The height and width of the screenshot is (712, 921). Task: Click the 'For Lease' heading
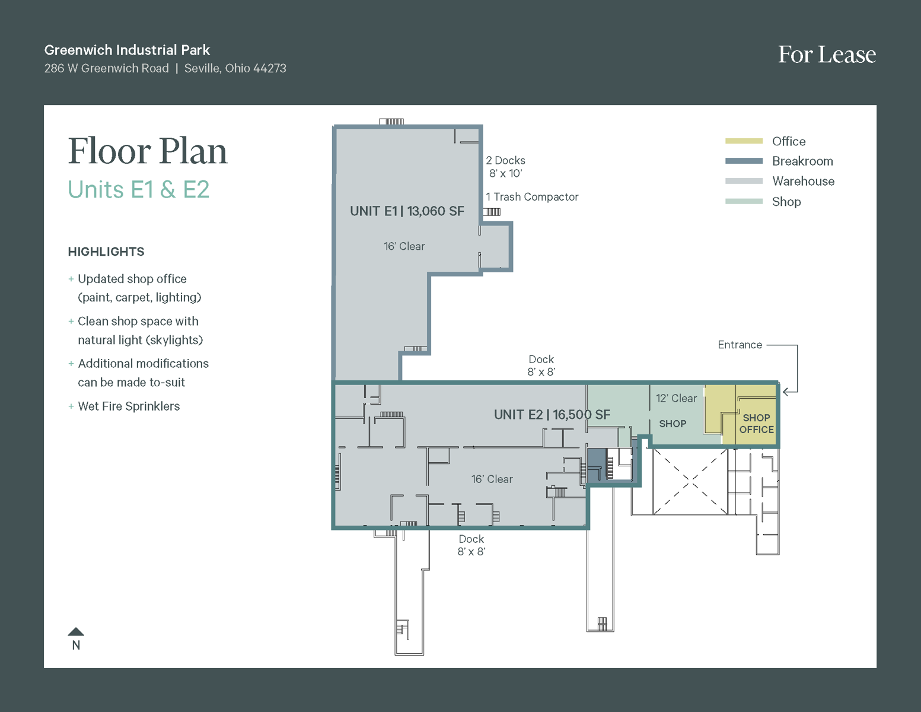pos(827,55)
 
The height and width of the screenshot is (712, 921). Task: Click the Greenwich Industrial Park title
pos(127,50)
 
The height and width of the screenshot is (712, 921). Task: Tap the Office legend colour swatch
pos(744,141)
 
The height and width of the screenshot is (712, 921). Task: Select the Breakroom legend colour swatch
pos(744,161)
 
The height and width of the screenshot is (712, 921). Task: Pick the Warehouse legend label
pos(803,182)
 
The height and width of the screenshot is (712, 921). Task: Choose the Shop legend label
pos(786,202)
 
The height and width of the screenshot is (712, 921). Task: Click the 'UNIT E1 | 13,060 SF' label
pos(407,211)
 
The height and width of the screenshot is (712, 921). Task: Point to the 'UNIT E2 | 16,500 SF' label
pos(552,415)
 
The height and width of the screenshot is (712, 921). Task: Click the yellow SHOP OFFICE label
pos(756,424)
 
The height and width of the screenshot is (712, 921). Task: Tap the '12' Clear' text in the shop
pos(676,399)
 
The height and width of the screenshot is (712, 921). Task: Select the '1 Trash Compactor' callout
pos(532,197)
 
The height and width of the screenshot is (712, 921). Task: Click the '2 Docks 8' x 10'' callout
pos(505,167)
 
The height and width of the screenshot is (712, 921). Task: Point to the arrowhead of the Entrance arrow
pos(785,392)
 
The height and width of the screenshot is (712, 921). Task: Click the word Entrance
pos(740,345)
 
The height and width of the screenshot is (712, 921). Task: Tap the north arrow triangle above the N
pos(76,631)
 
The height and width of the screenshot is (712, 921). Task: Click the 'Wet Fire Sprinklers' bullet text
pos(129,406)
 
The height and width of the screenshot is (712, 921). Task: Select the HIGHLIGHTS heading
pos(106,252)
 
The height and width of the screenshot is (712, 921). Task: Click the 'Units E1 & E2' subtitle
pos(139,190)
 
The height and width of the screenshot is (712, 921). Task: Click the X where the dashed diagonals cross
pos(690,481)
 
